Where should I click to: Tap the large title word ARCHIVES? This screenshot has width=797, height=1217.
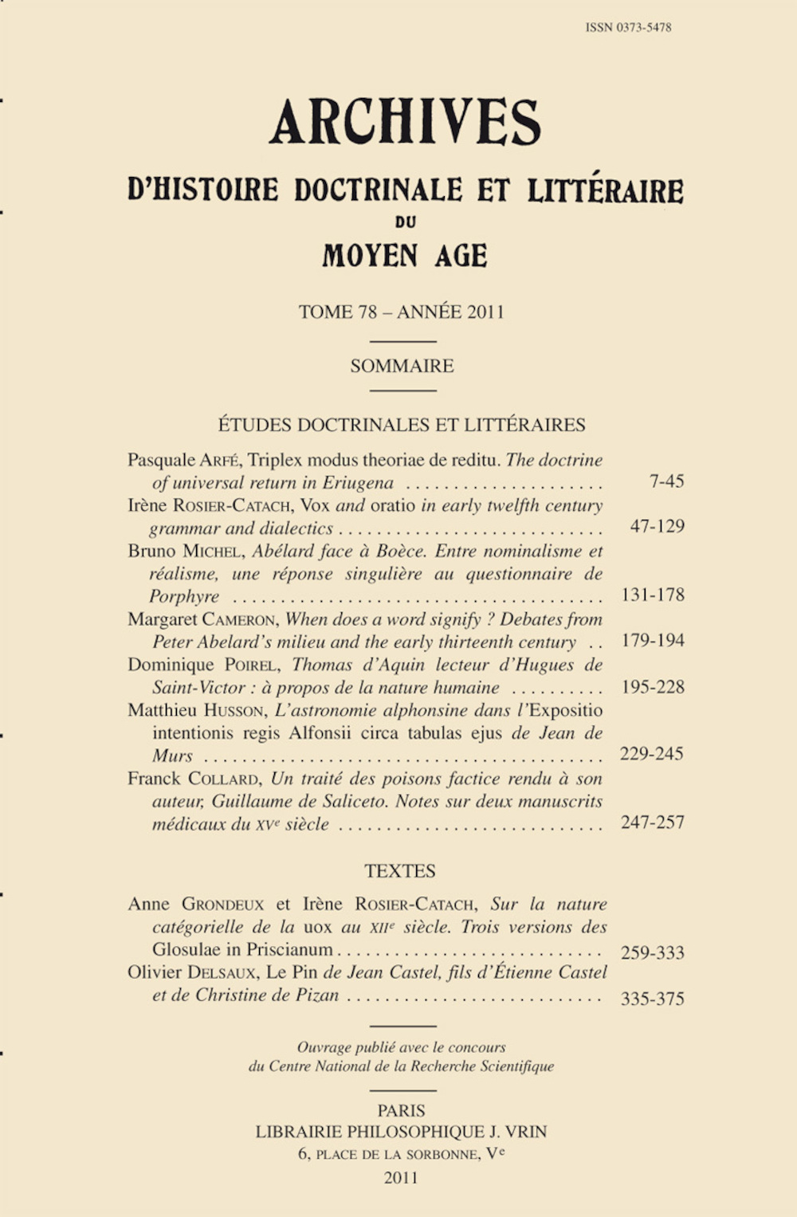point(405,123)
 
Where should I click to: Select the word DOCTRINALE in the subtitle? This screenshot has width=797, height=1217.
point(378,190)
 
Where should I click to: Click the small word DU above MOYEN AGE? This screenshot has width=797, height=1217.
point(405,222)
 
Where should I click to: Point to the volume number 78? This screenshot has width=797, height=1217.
point(367,312)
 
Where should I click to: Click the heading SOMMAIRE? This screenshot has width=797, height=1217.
point(402,366)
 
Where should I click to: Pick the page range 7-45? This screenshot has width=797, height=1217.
point(667,481)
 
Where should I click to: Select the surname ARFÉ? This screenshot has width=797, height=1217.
point(220,461)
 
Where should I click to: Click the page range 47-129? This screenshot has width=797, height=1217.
point(657,527)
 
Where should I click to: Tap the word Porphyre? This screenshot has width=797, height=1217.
point(184,597)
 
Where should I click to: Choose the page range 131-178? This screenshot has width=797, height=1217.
point(652,595)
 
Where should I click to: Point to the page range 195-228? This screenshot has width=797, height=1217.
point(652,687)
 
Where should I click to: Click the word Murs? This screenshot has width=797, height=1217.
point(172,756)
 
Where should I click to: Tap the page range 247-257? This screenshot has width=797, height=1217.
point(652,822)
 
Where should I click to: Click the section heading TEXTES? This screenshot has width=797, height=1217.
point(400,871)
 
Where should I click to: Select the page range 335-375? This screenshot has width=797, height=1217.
point(652,999)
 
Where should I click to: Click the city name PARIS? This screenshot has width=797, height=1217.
point(402,1110)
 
